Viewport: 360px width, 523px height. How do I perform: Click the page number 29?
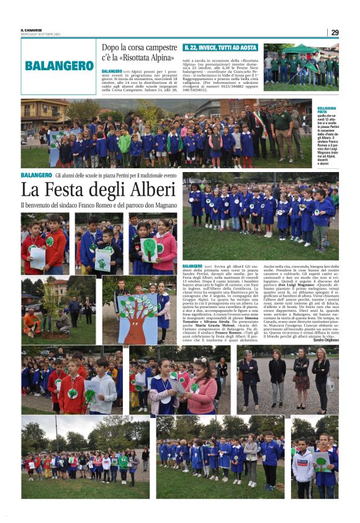tap(335, 32)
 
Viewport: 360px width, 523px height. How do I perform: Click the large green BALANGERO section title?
tap(60, 65)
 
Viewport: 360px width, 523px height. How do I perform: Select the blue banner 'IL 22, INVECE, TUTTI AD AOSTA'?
tap(220, 47)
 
